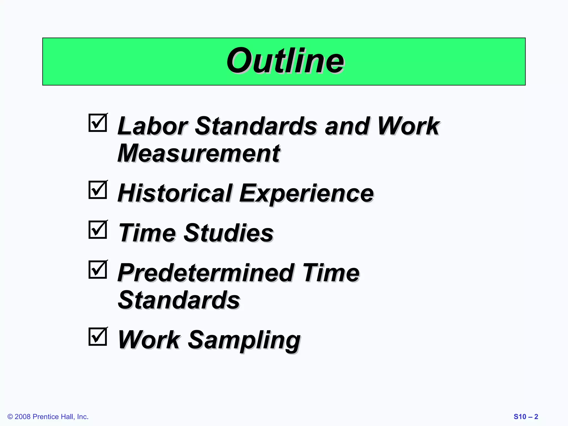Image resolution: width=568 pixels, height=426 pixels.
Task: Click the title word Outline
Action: coord(285,61)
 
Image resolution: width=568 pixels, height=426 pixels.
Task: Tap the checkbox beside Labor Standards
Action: coord(98,123)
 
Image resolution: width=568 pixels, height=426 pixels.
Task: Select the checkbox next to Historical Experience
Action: coord(98,190)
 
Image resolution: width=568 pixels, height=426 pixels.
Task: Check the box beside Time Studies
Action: coord(98,230)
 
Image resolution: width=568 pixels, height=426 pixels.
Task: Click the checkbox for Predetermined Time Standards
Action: coord(98,270)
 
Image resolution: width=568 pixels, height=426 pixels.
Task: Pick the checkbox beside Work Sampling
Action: coord(98,337)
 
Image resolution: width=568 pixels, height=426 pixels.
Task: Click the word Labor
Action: coord(153,126)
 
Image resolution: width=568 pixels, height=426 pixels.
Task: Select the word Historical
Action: coord(175,193)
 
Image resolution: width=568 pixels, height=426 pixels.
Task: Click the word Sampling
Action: coord(244,341)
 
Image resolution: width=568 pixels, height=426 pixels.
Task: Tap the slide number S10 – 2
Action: coord(526,417)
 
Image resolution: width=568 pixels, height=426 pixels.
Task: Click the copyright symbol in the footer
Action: coord(10,417)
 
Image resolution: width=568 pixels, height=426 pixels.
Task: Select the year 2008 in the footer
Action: coord(22,417)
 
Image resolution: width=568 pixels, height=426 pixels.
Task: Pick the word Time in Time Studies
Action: coord(147,233)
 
